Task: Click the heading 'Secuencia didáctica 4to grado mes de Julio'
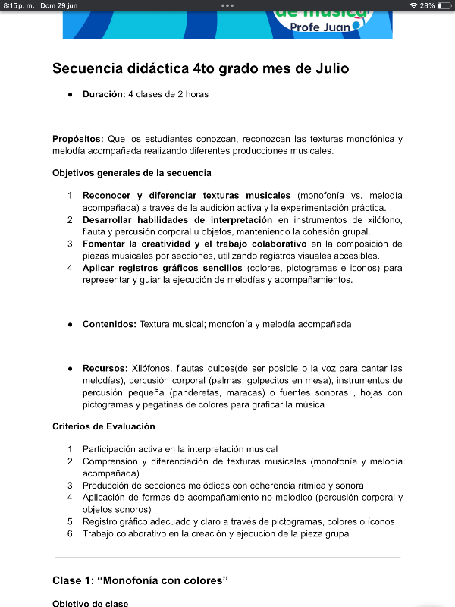tap(200, 68)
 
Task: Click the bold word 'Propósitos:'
tap(78, 139)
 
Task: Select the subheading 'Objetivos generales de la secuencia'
tap(131, 173)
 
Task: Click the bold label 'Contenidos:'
tap(109, 324)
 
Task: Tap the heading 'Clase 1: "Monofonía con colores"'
tap(140, 580)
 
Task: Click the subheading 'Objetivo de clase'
tap(89, 603)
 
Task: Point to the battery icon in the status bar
tap(444, 5)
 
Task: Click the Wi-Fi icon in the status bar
tap(413, 5)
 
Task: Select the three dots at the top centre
tap(227, 5)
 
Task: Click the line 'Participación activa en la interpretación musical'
tap(180, 449)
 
